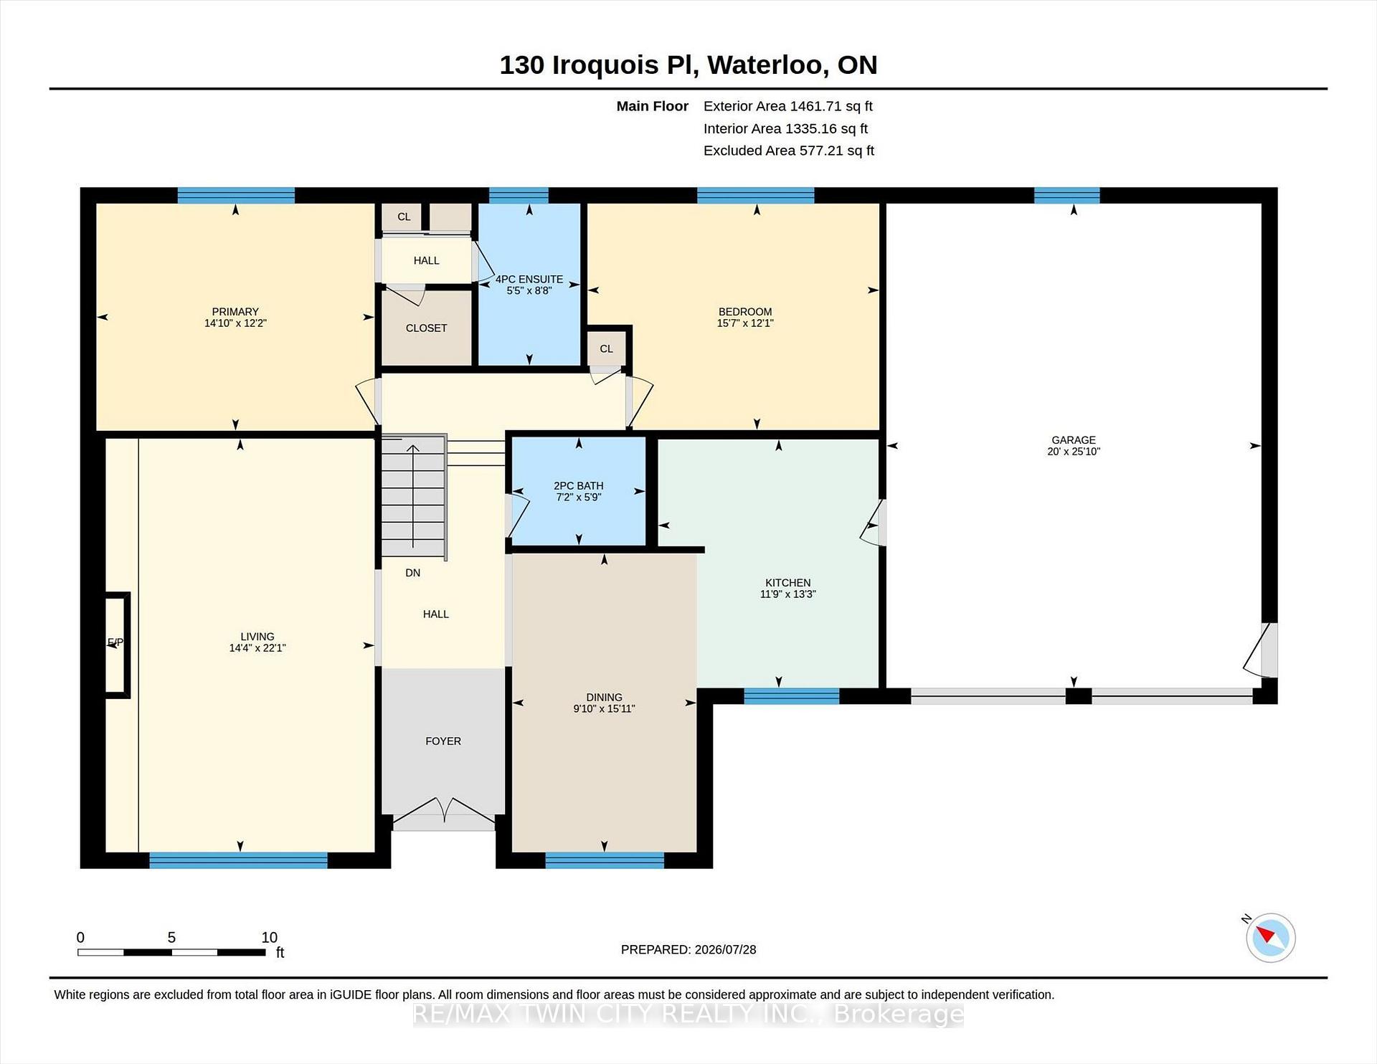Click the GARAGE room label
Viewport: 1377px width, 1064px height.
pos(1074,440)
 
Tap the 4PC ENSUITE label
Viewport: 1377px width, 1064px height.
pos(529,280)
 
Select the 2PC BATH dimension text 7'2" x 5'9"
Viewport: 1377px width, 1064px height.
pos(579,497)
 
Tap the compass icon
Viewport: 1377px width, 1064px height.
pos(1270,937)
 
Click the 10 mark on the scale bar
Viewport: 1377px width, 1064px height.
pos(270,937)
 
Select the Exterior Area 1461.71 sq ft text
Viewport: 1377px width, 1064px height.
pos(787,106)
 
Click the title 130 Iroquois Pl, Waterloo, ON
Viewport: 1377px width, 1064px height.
pos(688,65)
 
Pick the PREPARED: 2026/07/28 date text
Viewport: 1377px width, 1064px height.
pos(688,949)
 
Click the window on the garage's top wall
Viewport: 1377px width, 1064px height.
pos(1066,195)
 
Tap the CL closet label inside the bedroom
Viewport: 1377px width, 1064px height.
pos(607,349)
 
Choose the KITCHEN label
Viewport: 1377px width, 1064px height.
pos(787,583)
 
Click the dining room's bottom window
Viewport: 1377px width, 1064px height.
pos(605,860)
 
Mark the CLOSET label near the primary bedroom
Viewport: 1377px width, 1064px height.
pos(426,328)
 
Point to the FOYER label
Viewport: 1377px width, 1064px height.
pos(443,741)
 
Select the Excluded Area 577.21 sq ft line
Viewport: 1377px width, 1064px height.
pos(788,151)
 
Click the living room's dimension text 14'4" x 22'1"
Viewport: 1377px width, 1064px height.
pos(257,647)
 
